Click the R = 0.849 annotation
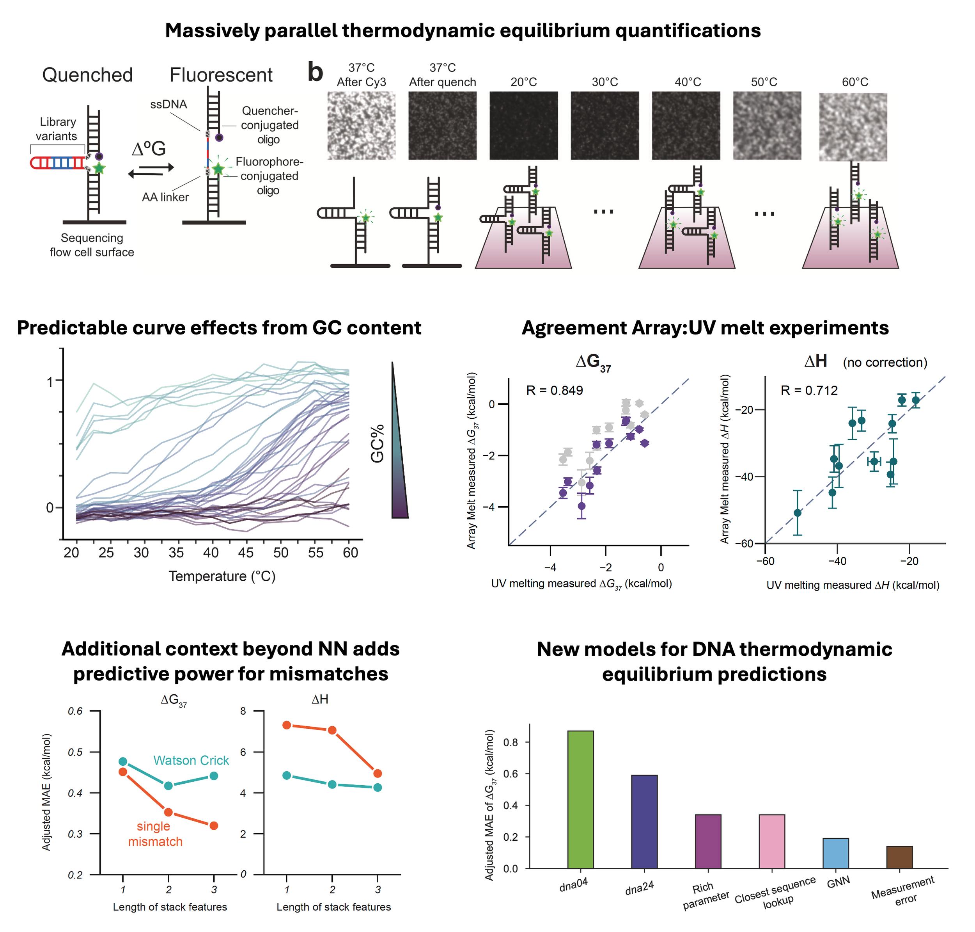(554, 391)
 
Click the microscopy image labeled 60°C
(853, 127)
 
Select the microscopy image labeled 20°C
(523, 125)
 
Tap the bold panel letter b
(315, 72)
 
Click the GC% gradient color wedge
(398, 457)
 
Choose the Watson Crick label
(191, 760)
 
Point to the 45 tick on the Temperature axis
(246, 552)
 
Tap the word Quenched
(87, 75)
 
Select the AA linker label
(165, 197)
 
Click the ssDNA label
(169, 104)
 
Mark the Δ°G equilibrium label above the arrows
(149, 149)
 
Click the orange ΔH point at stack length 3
(377, 774)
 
